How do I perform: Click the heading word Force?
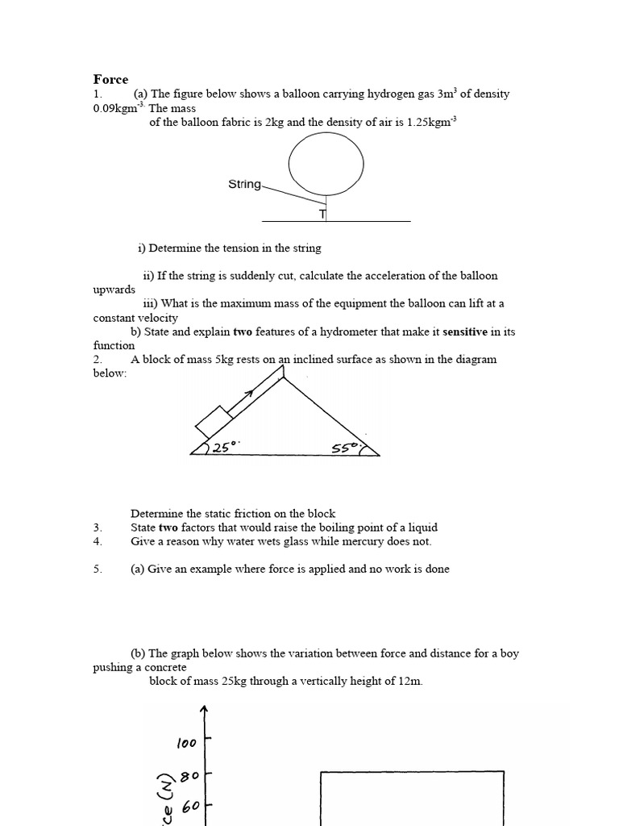point(110,79)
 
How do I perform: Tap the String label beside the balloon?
point(245,185)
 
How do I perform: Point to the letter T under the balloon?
point(322,215)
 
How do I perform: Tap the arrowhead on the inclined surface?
point(248,393)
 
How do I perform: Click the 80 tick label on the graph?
point(190,777)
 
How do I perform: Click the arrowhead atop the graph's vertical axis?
point(204,709)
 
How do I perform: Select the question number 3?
point(97,528)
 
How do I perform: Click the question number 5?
point(97,569)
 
